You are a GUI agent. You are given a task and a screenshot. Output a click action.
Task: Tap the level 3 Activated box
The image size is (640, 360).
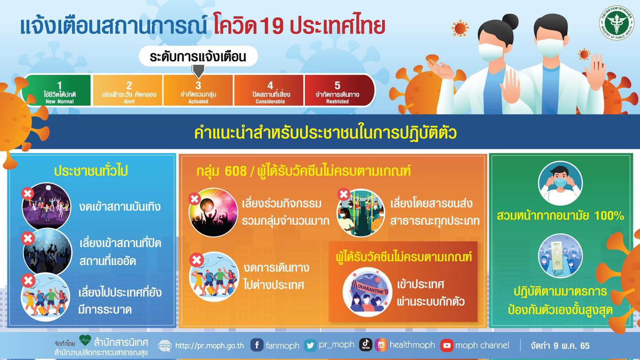(x=198, y=90)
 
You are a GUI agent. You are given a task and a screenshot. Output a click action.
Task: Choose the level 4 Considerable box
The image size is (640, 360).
(x=269, y=90)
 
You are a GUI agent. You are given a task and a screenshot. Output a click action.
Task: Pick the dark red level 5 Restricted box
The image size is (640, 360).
(x=339, y=90)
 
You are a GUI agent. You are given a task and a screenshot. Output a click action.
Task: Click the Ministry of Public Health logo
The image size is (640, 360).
(x=616, y=23)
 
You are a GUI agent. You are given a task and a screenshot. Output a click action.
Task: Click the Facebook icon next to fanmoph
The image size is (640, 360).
(x=257, y=345)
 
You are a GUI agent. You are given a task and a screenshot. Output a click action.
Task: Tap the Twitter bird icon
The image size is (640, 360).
(x=310, y=345)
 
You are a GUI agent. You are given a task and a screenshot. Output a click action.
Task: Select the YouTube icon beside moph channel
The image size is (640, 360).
(x=447, y=345)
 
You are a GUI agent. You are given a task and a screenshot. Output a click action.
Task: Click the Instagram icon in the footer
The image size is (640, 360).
(x=381, y=345)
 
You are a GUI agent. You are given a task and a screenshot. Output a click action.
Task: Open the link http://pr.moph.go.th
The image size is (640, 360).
(x=209, y=346)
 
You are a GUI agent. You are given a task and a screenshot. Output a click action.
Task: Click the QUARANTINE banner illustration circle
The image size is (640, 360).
(x=368, y=292)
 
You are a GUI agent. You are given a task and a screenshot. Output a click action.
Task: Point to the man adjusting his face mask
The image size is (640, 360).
(x=560, y=183)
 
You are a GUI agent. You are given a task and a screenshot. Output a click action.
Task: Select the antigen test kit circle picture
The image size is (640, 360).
(x=560, y=256)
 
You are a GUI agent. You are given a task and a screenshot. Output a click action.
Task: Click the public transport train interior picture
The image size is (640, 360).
(x=361, y=213)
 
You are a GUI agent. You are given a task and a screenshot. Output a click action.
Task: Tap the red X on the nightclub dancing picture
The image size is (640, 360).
(x=28, y=194)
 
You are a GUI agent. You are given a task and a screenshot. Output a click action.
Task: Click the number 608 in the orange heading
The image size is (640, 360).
(x=236, y=171)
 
